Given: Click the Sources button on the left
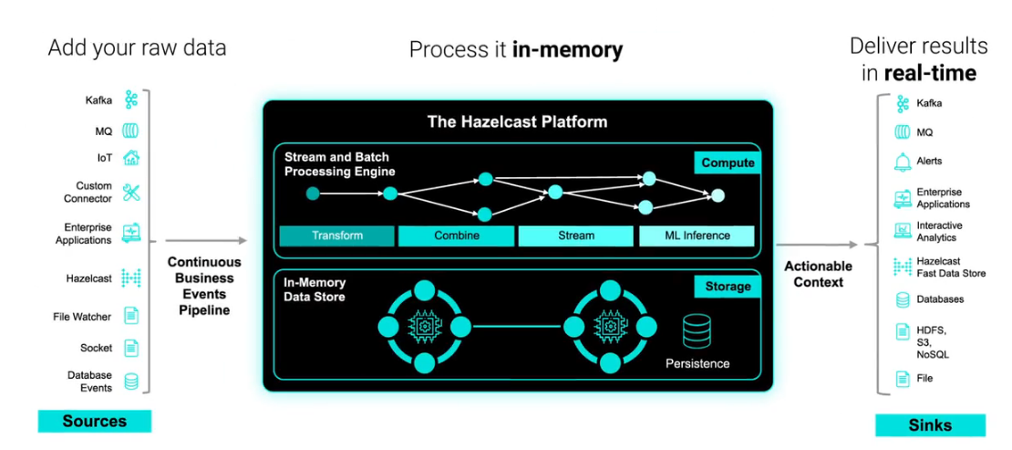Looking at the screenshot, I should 94,421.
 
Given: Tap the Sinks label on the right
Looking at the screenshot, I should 930,425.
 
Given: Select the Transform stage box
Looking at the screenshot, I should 337,235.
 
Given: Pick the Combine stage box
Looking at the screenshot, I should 457,235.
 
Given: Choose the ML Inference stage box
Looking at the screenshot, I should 697,235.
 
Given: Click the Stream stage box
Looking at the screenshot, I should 576,235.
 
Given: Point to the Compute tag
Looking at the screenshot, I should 728,162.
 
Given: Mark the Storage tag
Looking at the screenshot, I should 728,287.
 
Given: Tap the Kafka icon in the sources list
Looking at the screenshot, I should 131,100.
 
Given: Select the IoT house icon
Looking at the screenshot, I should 131,158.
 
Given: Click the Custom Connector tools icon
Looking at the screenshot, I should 131,193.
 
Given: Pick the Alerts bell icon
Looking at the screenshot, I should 903,162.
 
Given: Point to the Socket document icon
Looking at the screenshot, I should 131,348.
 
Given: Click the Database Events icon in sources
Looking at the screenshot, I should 131,382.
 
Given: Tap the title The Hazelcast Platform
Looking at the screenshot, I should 517,121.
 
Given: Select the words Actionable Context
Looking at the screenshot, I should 819,274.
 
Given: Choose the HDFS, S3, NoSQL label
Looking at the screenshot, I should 932,341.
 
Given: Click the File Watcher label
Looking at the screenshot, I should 82,317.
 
